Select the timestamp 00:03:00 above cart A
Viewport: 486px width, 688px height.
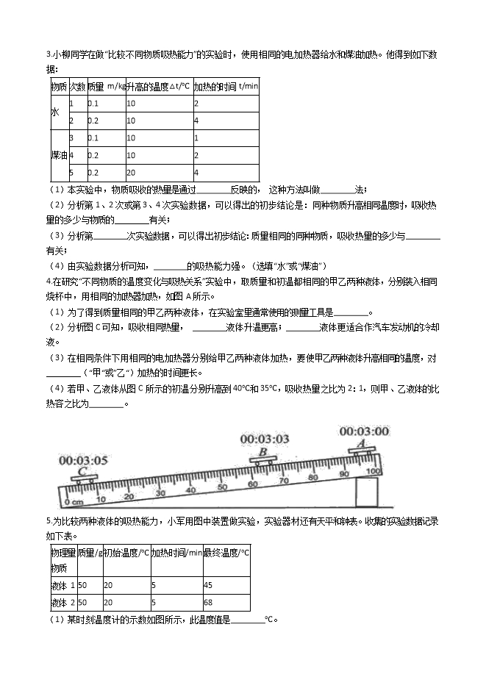tap(363, 431)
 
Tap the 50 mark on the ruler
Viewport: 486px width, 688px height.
tap(221, 487)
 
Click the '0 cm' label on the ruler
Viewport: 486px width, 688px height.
tap(74, 502)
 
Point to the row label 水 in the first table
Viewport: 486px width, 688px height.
tap(55, 112)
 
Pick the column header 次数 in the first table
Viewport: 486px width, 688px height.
tap(76, 86)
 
